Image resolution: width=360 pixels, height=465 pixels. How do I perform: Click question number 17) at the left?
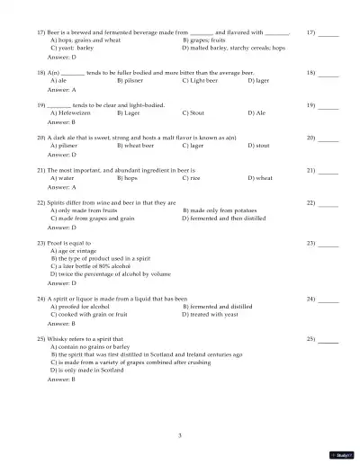41,31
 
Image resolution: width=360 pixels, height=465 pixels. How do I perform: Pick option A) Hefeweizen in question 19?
73,113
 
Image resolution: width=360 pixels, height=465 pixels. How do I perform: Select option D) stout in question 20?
257,145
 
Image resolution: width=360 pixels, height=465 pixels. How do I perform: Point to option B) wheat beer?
136,145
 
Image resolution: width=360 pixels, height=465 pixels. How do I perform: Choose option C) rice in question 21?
191,178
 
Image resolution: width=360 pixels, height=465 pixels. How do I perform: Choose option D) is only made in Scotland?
87,370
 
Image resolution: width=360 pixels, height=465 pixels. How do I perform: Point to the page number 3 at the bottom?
180,435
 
